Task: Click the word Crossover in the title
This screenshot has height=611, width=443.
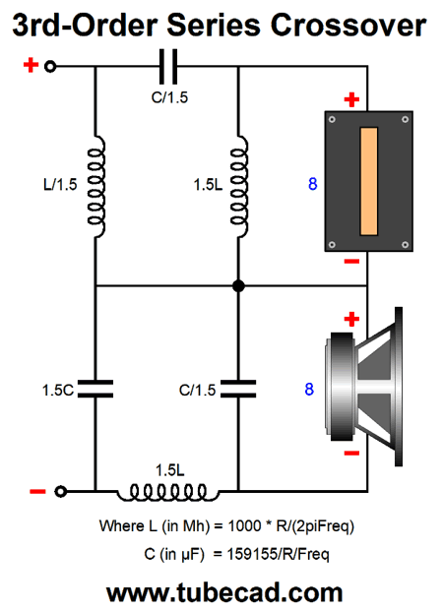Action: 348,26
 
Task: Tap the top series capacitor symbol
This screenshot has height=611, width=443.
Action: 168,67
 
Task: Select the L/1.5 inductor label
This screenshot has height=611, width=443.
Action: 60,184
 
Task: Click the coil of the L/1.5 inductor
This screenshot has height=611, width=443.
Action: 96,186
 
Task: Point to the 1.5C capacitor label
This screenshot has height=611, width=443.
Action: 58,390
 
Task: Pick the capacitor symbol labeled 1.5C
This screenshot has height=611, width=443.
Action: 95,389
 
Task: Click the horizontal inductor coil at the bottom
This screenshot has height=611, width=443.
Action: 168,493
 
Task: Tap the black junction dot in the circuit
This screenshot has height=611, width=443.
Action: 238,286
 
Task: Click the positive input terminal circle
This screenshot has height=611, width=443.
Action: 50,67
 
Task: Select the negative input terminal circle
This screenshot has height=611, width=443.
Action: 60,491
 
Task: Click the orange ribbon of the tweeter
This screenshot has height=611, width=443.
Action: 369,181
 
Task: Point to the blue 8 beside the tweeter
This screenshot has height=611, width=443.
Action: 313,184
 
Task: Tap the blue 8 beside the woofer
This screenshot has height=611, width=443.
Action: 309,389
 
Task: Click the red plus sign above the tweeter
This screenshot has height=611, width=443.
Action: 351,99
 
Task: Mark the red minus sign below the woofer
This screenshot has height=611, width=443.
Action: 351,453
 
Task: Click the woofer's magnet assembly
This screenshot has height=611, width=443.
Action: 343,387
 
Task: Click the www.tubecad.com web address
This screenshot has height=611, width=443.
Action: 224,592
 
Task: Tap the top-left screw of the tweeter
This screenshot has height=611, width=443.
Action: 333,120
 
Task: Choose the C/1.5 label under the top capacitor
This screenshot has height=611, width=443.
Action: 169,97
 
